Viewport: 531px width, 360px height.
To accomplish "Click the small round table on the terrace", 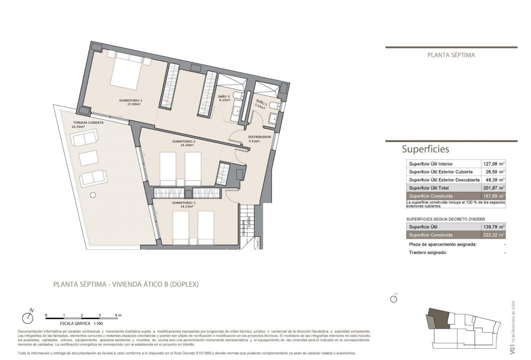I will pyautogui.click(x=93, y=195).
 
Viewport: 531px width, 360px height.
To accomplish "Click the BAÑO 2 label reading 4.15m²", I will pyautogui.click(x=224, y=99).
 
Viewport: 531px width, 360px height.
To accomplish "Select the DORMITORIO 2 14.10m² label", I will pyautogui.click(x=183, y=144).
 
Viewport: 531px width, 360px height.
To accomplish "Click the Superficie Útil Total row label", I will pyautogui.click(x=429, y=188).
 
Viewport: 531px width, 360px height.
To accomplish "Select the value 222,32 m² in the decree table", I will pyautogui.click(x=493, y=235).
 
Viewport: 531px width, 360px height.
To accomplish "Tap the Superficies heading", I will pyautogui.click(x=425, y=149).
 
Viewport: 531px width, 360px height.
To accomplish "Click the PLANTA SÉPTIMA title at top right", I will pyautogui.click(x=451, y=55).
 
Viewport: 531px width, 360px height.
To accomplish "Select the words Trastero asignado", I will pyautogui.click(x=428, y=253).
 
